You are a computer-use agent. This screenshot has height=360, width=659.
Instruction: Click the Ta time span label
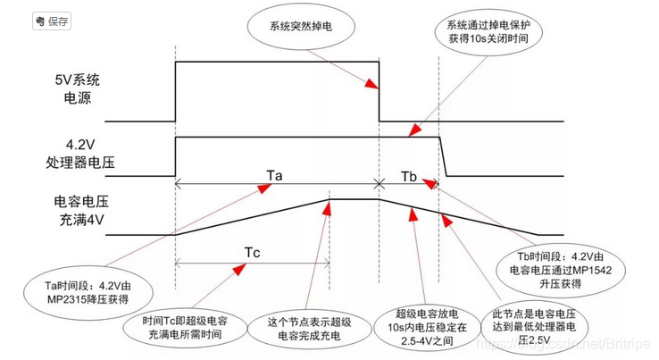274,174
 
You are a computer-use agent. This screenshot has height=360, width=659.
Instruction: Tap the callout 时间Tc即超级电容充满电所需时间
187,328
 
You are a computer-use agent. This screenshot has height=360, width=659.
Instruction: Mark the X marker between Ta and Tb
380,184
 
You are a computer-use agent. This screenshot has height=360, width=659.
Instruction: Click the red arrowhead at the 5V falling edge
375,87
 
